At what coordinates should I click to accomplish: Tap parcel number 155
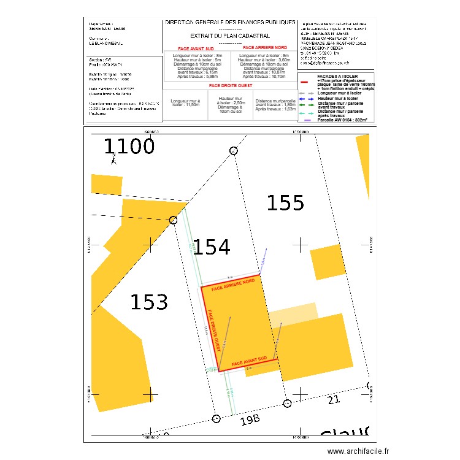285,202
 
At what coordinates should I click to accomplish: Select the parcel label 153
149,302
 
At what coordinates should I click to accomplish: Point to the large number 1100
129,147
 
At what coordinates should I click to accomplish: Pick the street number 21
334,400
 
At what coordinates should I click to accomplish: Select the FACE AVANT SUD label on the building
249,363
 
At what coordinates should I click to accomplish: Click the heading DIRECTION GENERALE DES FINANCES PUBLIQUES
230,22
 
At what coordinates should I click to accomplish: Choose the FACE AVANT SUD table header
196,48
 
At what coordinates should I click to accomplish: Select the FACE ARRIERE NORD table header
264,47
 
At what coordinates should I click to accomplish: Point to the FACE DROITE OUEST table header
230,86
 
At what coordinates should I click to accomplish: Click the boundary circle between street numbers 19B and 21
288,403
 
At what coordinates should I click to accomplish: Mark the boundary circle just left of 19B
215,420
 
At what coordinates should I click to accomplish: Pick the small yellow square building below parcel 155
329,262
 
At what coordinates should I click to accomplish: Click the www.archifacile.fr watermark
358,451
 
